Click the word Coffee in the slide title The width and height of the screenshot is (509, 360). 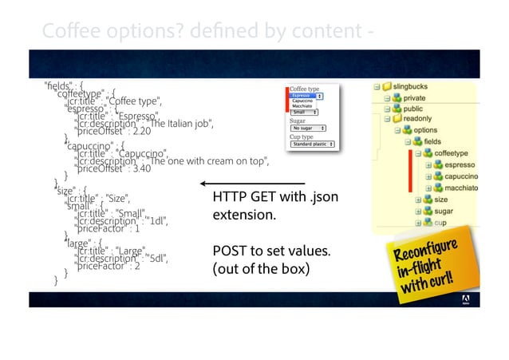(60, 30)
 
